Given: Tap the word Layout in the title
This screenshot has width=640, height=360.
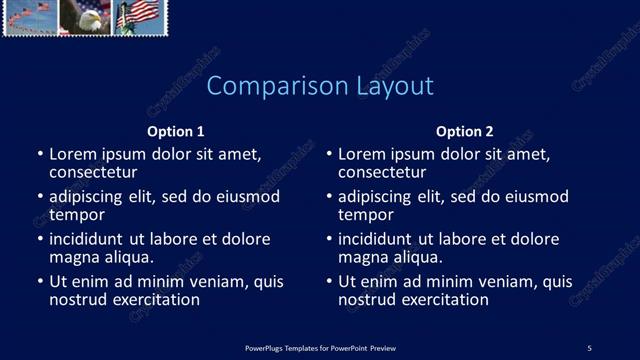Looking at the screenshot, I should (x=395, y=86).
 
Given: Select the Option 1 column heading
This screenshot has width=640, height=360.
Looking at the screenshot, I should (x=176, y=131).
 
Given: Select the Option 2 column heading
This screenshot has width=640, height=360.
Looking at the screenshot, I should (x=465, y=131).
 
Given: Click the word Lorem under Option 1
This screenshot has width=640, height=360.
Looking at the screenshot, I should (x=74, y=155).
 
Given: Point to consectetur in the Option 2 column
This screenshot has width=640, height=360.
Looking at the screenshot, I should (x=381, y=172).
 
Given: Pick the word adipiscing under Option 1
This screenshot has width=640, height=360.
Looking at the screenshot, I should (x=91, y=197).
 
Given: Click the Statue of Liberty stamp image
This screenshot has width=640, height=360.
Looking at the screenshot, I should (x=140, y=17).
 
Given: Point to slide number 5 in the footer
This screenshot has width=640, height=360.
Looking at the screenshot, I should (x=589, y=347).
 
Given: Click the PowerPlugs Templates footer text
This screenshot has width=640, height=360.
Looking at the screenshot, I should (x=320, y=347).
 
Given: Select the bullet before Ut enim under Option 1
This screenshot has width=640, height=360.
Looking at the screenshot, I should (x=40, y=282).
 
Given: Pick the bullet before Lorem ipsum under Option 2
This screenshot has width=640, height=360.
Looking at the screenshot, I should (x=329, y=156).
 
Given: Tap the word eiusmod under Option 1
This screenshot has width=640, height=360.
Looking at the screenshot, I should (x=249, y=197).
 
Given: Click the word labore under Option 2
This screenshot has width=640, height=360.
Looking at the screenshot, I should (x=487, y=239).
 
